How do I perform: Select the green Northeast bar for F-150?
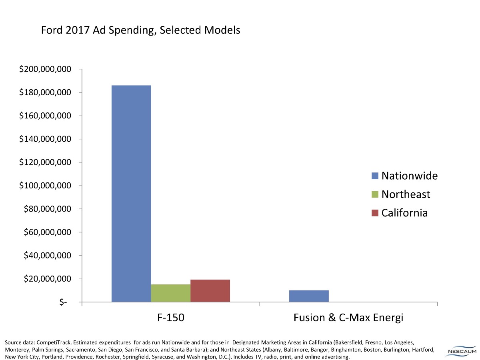tap(171, 293)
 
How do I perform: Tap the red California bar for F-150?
tap(210, 291)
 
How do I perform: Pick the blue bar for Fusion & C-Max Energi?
tap(309, 296)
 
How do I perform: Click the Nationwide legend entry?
tap(404, 176)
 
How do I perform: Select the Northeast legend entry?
tap(400, 194)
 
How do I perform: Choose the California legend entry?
tap(399, 213)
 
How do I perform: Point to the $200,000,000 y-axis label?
tap(45, 70)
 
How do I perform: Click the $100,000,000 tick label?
tap(45, 186)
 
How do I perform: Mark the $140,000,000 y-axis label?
tap(45, 139)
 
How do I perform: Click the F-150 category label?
tap(171, 318)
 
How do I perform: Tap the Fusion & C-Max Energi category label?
tap(348, 318)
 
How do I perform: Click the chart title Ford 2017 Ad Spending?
tap(140, 30)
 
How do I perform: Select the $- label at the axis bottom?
tap(63, 302)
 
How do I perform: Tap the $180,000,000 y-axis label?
tap(45, 93)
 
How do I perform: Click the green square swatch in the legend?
tap(375, 194)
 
